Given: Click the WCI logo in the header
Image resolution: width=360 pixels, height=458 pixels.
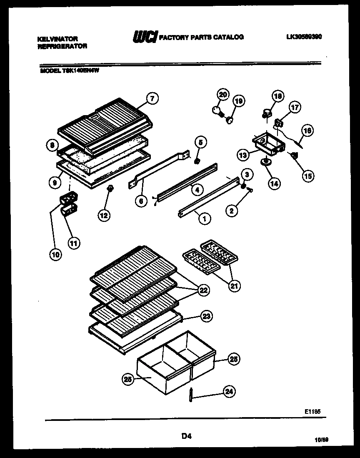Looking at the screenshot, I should coord(145,38).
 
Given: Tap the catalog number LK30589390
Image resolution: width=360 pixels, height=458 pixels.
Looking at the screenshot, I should coord(304,37).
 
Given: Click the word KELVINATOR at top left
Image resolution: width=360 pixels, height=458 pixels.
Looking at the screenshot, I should coord(57,39).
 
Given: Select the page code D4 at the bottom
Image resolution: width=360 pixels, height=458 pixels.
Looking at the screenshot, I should coord(186,436).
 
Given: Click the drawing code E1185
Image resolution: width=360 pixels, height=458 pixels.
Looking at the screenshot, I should coord(312,411).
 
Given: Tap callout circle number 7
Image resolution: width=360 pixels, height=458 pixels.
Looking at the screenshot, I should coord(152,99).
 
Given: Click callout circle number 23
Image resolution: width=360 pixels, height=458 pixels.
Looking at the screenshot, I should coord(206,317).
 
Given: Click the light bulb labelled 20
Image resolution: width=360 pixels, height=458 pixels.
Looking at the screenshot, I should coord(216,109).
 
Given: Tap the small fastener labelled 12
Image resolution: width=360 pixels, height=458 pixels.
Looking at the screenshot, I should coord(110,189).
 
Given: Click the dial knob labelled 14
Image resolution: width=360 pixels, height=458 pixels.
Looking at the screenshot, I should coord(265,162).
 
